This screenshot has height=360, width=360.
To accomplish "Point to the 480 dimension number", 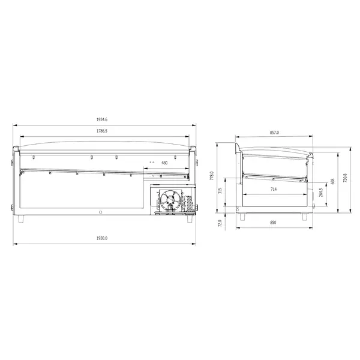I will (x=164, y=162).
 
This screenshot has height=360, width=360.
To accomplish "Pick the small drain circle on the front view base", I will (x=101, y=211).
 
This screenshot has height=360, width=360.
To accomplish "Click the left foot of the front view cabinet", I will (x=23, y=218).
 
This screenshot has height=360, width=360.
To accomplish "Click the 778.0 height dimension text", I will (x=212, y=176).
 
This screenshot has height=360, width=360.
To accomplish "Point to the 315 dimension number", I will (x=220, y=191).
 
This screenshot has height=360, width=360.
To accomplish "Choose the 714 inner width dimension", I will (x=274, y=189).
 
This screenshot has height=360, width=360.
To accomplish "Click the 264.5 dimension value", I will (x=321, y=192).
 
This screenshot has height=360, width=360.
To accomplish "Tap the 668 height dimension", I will (x=332, y=181).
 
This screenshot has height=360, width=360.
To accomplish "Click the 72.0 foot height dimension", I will (x=220, y=223).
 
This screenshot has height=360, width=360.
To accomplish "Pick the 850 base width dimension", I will (x=274, y=223).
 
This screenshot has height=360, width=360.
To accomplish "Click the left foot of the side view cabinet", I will (x=243, y=217).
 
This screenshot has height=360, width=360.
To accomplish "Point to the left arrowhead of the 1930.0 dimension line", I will (x=14, y=244).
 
